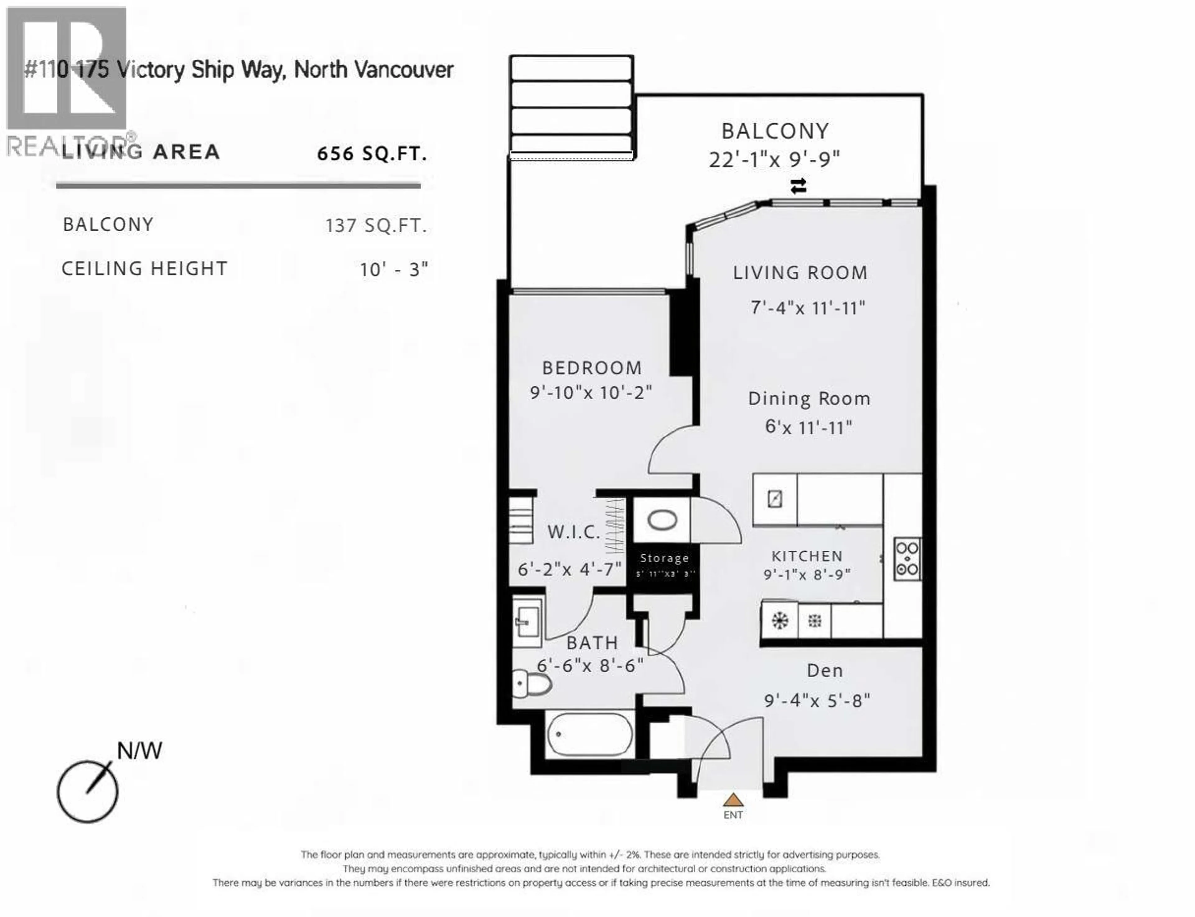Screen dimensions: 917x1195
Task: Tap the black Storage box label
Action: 664,558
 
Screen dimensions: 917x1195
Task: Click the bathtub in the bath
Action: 590,734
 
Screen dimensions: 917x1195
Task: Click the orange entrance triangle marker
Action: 733,800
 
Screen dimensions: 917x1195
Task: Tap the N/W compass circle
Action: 87,791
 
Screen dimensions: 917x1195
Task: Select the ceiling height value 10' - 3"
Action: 393,269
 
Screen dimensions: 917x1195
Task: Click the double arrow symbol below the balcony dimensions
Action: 798,186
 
